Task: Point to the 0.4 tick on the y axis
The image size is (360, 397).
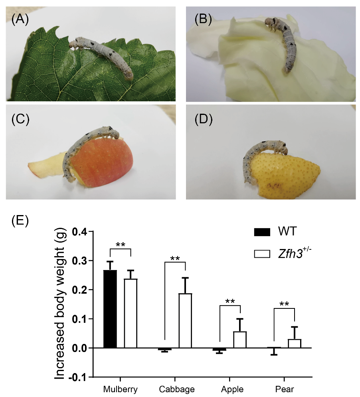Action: pos(90,231)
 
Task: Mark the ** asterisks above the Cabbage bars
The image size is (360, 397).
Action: pos(175,258)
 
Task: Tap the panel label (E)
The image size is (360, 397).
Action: pos(19,220)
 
